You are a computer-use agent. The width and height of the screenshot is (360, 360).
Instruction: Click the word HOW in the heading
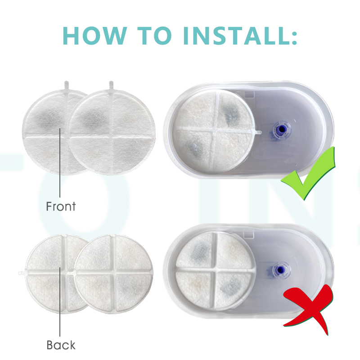tap(95, 36)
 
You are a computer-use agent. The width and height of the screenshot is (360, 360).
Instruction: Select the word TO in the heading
tap(154, 36)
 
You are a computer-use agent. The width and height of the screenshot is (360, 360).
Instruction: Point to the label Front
tap(61, 206)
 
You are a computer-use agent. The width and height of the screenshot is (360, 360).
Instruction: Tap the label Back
tap(61, 345)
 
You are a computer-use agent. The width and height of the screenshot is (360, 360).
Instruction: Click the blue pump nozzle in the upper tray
tap(282, 130)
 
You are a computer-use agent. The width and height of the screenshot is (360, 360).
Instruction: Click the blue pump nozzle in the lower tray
tap(279, 270)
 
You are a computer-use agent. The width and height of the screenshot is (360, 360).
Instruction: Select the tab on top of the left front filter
tap(66, 85)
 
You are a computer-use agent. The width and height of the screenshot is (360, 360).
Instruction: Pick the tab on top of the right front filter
tap(111, 85)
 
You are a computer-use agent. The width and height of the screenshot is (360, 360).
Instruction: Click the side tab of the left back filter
tap(22, 273)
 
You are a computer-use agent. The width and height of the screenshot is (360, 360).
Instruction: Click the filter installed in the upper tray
tap(215, 130)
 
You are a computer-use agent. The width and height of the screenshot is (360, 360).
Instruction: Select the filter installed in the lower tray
tap(215, 271)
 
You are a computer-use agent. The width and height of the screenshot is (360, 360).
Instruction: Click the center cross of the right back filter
tap(113, 273)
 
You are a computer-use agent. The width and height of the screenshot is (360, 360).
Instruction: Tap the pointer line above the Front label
tap(60, 163)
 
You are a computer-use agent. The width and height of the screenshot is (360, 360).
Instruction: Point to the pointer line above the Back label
tap(60, 301)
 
